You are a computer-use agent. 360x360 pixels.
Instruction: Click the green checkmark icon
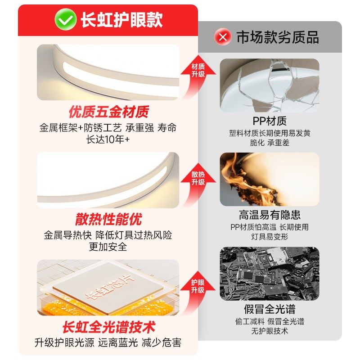pyautogui.click(x=66, y=20)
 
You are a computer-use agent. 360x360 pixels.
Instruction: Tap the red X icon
pyautogui.click(x=222, y=37)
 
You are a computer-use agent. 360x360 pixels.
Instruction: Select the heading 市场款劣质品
pyautogui.click(x=278, y=37)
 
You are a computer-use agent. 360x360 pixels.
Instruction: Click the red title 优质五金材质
pyautogui.click(x=108, y=111)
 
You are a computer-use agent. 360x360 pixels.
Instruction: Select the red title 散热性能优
pyautogui.click(x=108, y=219)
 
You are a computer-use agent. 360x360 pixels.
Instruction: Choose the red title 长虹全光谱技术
pyautogui.click(x=108, y=326)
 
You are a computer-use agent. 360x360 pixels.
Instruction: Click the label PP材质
pyautogui.click(x=270, y=121)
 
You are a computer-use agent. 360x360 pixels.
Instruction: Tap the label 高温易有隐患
pyautogui.click(x=270, y=215)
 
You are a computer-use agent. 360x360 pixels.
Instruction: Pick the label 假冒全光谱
pyautogui.click(x=270, y=310)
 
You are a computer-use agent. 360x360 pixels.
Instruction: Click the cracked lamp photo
pyautogui.click(x=270, y=85)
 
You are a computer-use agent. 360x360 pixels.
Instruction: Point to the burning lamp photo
pyautogui.click(x=270, y=179)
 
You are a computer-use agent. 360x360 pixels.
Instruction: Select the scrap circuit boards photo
pyautogui.click(x=270, y=273)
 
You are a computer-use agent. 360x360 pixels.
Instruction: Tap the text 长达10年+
pyautogui.click(x=108, y=139)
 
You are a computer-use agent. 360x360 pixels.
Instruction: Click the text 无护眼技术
pyautogui.click(x=270, y=331)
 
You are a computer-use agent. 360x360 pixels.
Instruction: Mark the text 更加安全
pyautogui.click(x=108, y=247)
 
